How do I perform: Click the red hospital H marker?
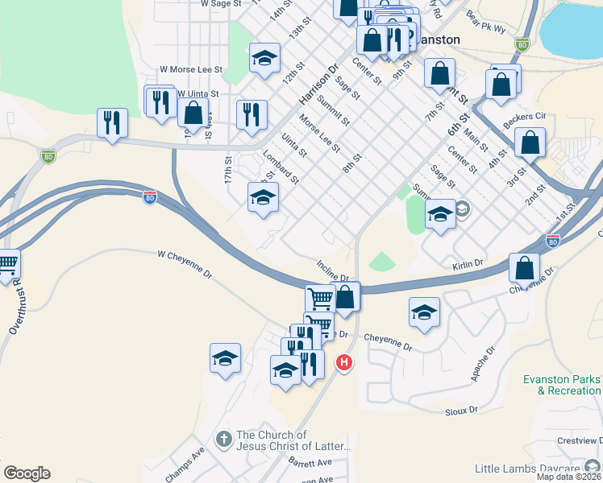[344, 363]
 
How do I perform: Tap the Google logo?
[27, 473]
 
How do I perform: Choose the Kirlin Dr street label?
[468, 263]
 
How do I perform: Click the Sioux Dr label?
[461, 410]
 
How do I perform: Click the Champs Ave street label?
[185, 466]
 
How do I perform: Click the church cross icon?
[224, 439]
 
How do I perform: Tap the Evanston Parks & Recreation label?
[563, 385]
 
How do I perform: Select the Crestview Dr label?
[580, 440]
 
